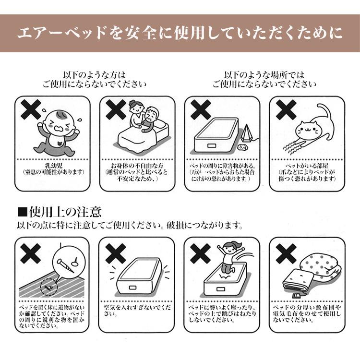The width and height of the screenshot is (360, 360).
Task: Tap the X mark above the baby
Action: (31, 110)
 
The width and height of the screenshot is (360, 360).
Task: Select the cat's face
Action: (308, 130)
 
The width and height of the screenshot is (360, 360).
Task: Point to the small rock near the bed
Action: (242, 147)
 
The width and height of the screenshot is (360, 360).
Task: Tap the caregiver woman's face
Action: (136, 107)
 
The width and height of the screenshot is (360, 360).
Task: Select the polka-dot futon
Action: (320, 266)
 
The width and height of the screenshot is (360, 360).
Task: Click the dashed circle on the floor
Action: (48, 287)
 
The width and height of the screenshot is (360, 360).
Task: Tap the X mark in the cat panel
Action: (286, 110)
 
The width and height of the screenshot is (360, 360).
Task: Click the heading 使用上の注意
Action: (65, 212)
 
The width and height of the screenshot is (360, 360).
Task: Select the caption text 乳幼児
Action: (53, 166)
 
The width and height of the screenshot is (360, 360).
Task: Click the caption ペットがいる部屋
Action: (307, 166)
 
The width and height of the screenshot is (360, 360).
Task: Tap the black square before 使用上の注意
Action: (23, 212)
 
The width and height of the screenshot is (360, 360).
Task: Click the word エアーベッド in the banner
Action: (61, 33)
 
